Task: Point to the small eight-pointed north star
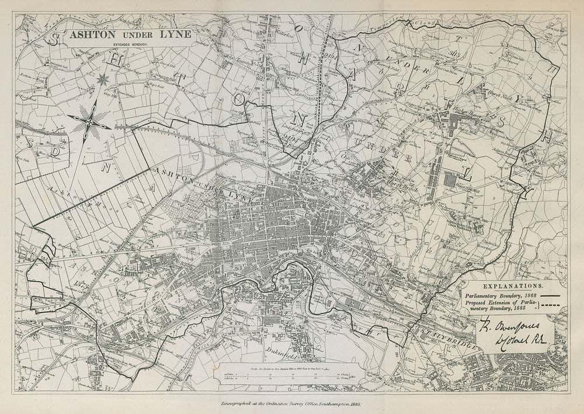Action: (104, 78)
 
